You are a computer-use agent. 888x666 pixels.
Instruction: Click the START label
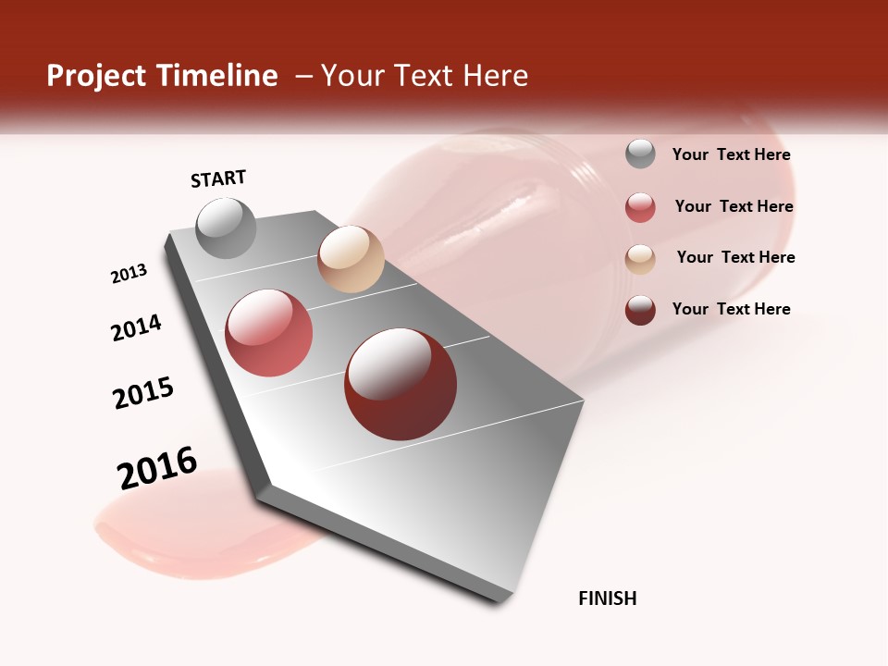[218, 179]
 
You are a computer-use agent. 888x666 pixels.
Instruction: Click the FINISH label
[607, 598]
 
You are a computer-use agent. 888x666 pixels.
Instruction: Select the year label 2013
[129, 274]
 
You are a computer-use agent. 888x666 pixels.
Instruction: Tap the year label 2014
[136, 328]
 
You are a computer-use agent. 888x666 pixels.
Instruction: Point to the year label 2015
[143, 393]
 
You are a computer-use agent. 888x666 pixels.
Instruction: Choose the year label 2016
[157, 467]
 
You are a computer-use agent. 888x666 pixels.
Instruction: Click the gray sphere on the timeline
[227, 228]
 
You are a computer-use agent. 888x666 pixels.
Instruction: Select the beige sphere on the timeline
[351, 259]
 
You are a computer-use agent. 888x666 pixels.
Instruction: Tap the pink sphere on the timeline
[269, 333]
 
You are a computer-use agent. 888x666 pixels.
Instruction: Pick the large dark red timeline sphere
[401, 384]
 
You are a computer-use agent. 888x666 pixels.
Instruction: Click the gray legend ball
[640, 154]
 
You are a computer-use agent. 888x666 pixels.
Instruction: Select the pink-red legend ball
[640, 207]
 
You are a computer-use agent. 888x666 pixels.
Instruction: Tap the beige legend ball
[640, 259]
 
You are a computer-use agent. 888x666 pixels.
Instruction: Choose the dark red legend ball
[640, 310]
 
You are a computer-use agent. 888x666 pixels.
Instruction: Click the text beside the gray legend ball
[731, 154]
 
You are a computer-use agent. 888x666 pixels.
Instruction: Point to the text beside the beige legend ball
[735, 257]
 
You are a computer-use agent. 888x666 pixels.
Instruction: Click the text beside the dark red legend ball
[731, 309]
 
